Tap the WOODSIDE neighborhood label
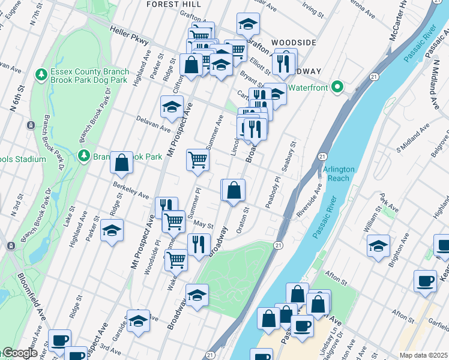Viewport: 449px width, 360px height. click(294, 43)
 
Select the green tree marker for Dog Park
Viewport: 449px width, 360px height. click(41, 76)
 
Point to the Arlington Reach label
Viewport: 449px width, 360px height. click(339, 173)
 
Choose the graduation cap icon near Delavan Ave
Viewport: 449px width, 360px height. click(172, 107)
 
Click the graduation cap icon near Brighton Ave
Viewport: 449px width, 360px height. click(378, 246)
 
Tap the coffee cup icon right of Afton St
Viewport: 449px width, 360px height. click(425, 281)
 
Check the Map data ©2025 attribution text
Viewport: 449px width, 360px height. click(423, 355)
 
